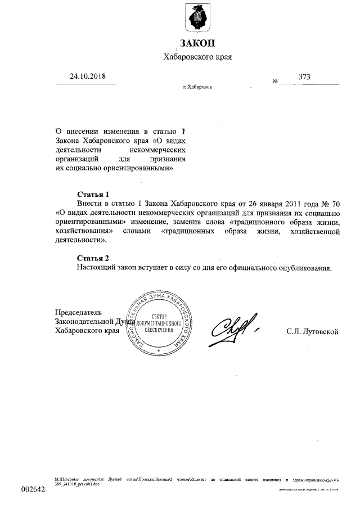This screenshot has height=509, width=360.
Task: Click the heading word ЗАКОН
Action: pyautogui.click(x=197, y=43)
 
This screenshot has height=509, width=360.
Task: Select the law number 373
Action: pyautogui.click(x=305, y=76)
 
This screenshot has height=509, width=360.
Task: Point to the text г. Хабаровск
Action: pyautogui.click(x=197, y=87)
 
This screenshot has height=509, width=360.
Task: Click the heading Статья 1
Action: pyautogui.click(x=92, y=194)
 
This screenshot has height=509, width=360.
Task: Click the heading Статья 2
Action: pyautogui.click(x=92, y=258)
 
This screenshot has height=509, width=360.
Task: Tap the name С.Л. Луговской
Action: pyautogui.click(x=312, y=332)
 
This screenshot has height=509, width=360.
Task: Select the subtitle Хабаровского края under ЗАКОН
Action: pyautogui.click(x=197, y=56)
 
